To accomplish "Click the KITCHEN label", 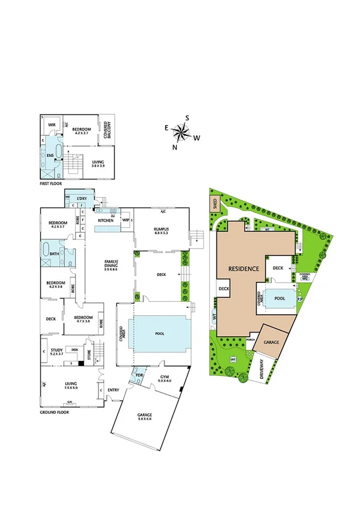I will coord(106,221).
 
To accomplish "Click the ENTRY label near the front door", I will coord(114,390).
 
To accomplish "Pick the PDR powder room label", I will coord(139,376).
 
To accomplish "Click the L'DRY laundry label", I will coord(75,198).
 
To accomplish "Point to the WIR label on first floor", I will coord(52,126).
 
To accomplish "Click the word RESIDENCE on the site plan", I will coord(243,268).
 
